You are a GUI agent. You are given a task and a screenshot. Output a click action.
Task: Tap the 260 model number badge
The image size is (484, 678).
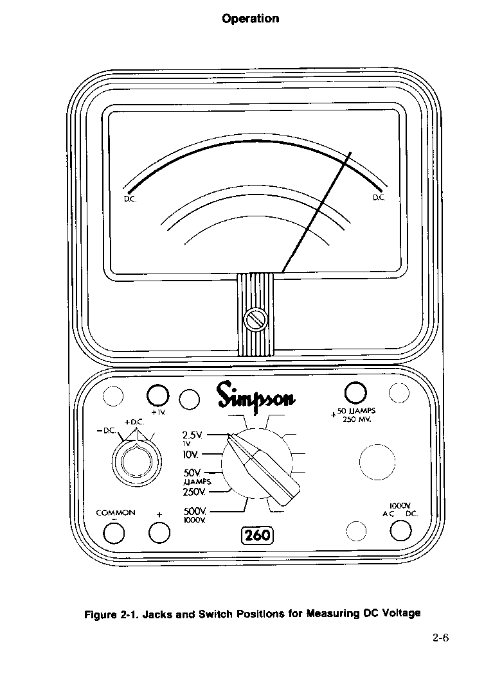[x=257, y=535]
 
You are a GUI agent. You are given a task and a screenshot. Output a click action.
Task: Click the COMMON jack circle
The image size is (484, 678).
[x=115, y=532]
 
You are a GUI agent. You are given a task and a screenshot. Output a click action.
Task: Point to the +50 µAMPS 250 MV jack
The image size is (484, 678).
[x=355, y=393]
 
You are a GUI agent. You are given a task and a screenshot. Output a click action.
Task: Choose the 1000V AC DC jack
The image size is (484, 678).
[x=401, y=530]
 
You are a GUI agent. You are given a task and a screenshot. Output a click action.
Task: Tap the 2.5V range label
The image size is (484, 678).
[x=192, y=435]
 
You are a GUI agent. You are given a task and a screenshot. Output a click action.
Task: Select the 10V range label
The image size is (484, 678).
[x=190, y=455]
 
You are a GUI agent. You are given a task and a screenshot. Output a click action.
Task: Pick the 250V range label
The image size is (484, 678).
[x=194, y=492]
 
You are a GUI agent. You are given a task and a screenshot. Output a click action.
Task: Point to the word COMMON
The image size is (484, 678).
[x=116, y=513]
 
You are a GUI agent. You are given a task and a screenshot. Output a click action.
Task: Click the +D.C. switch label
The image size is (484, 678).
[x=134, y=422]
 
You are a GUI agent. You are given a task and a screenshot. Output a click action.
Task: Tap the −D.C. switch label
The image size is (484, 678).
[x=106, y=431]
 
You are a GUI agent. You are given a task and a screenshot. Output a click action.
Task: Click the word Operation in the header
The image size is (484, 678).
[x=251, y=19]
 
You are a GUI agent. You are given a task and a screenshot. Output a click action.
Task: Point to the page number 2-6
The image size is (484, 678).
[x=441, y=638]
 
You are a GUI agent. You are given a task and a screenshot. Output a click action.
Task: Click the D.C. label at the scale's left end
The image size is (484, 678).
[x=130, y=199]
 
